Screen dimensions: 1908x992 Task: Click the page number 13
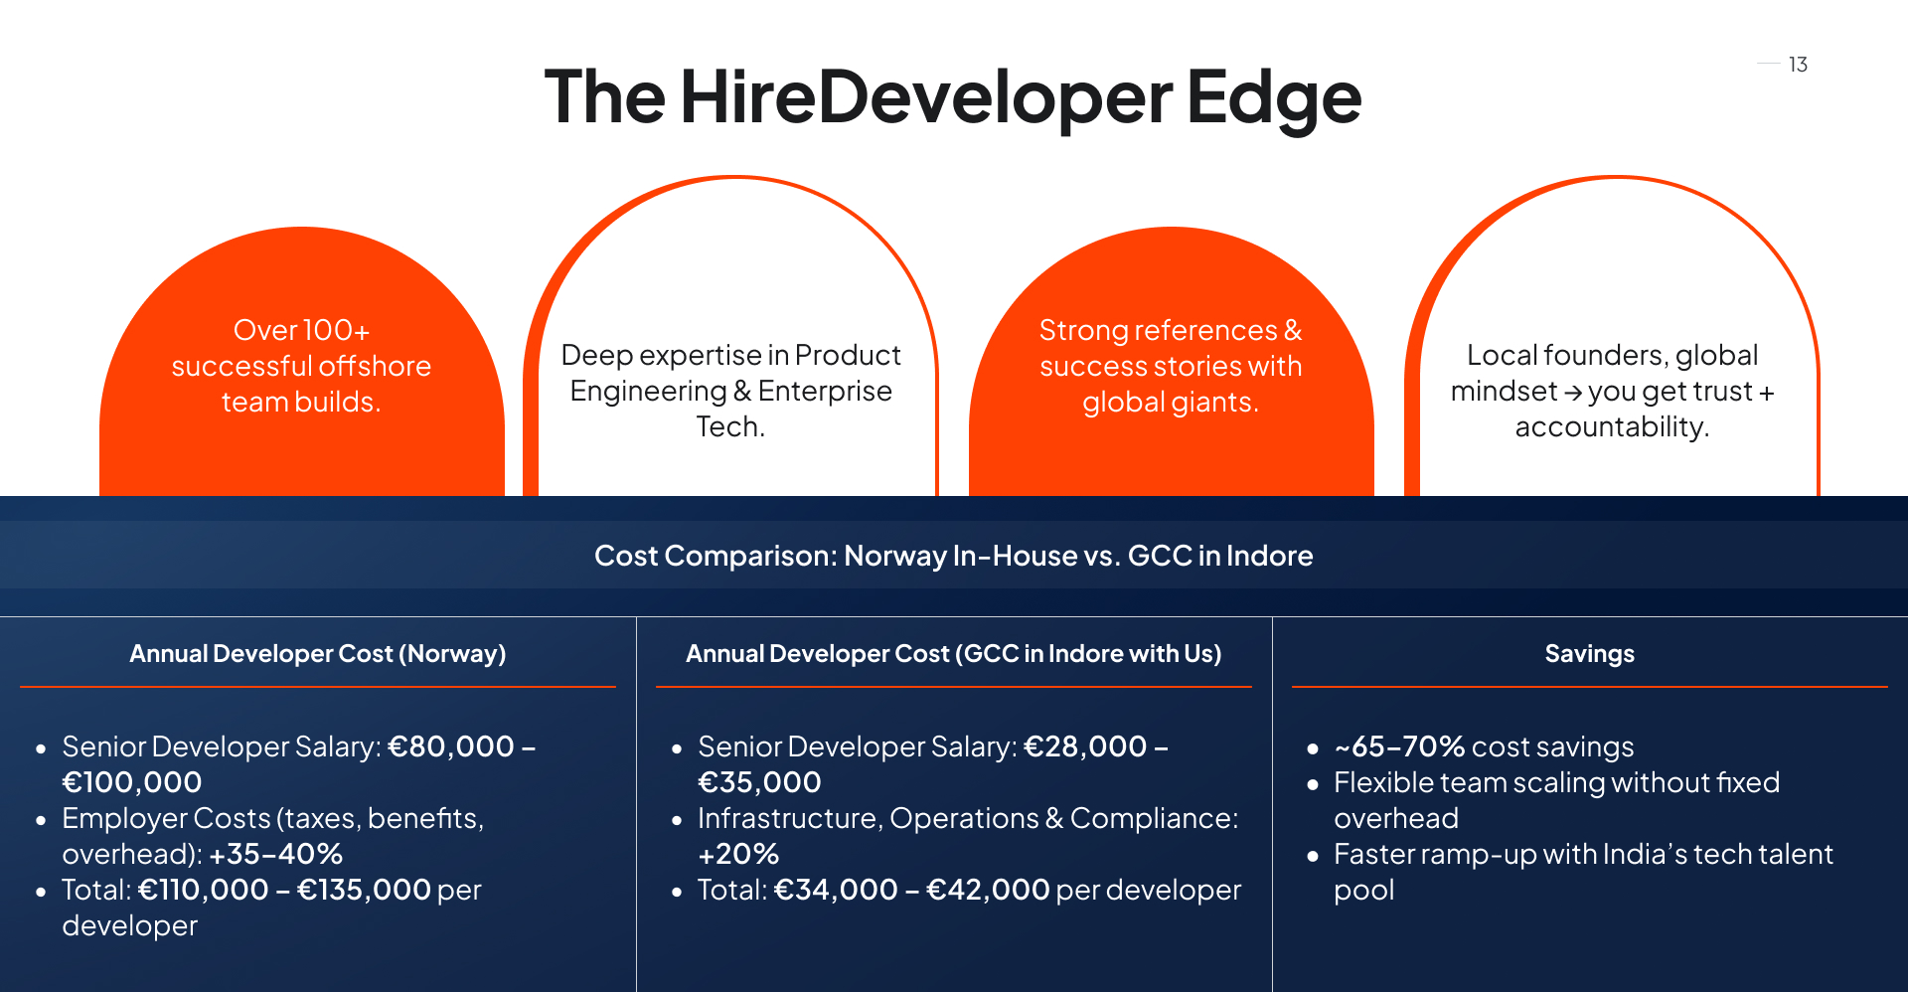(x=1798, y=65)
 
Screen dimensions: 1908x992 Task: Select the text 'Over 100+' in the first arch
(x=301, y=330)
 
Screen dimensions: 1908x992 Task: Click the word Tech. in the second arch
(x=730, y=426)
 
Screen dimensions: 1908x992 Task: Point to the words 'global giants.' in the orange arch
(x=1171, y=402)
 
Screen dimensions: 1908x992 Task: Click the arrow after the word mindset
(x=1573, y=393)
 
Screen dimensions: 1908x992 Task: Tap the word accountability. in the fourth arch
(x=1612, y=426)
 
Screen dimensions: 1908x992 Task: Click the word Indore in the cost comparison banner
(x=1270, y=556)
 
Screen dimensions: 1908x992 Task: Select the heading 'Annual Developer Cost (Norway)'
(x=318, y=653)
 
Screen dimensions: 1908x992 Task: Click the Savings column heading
(x=1590, y=653)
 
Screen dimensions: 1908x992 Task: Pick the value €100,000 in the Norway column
(x=132, y=782)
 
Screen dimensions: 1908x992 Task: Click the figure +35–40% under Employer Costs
(x=276, y=854)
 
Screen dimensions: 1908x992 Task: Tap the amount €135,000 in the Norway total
(x=364, y=890)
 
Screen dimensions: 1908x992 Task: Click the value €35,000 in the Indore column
(x=760, y=782)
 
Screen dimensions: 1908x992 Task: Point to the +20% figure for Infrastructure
(x=738, y=854)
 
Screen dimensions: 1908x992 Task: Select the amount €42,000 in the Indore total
(x=988, y=890)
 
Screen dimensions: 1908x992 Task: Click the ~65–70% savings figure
(x=1399, y=746)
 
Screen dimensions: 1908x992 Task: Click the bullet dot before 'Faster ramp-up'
(x=1313, y=855)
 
